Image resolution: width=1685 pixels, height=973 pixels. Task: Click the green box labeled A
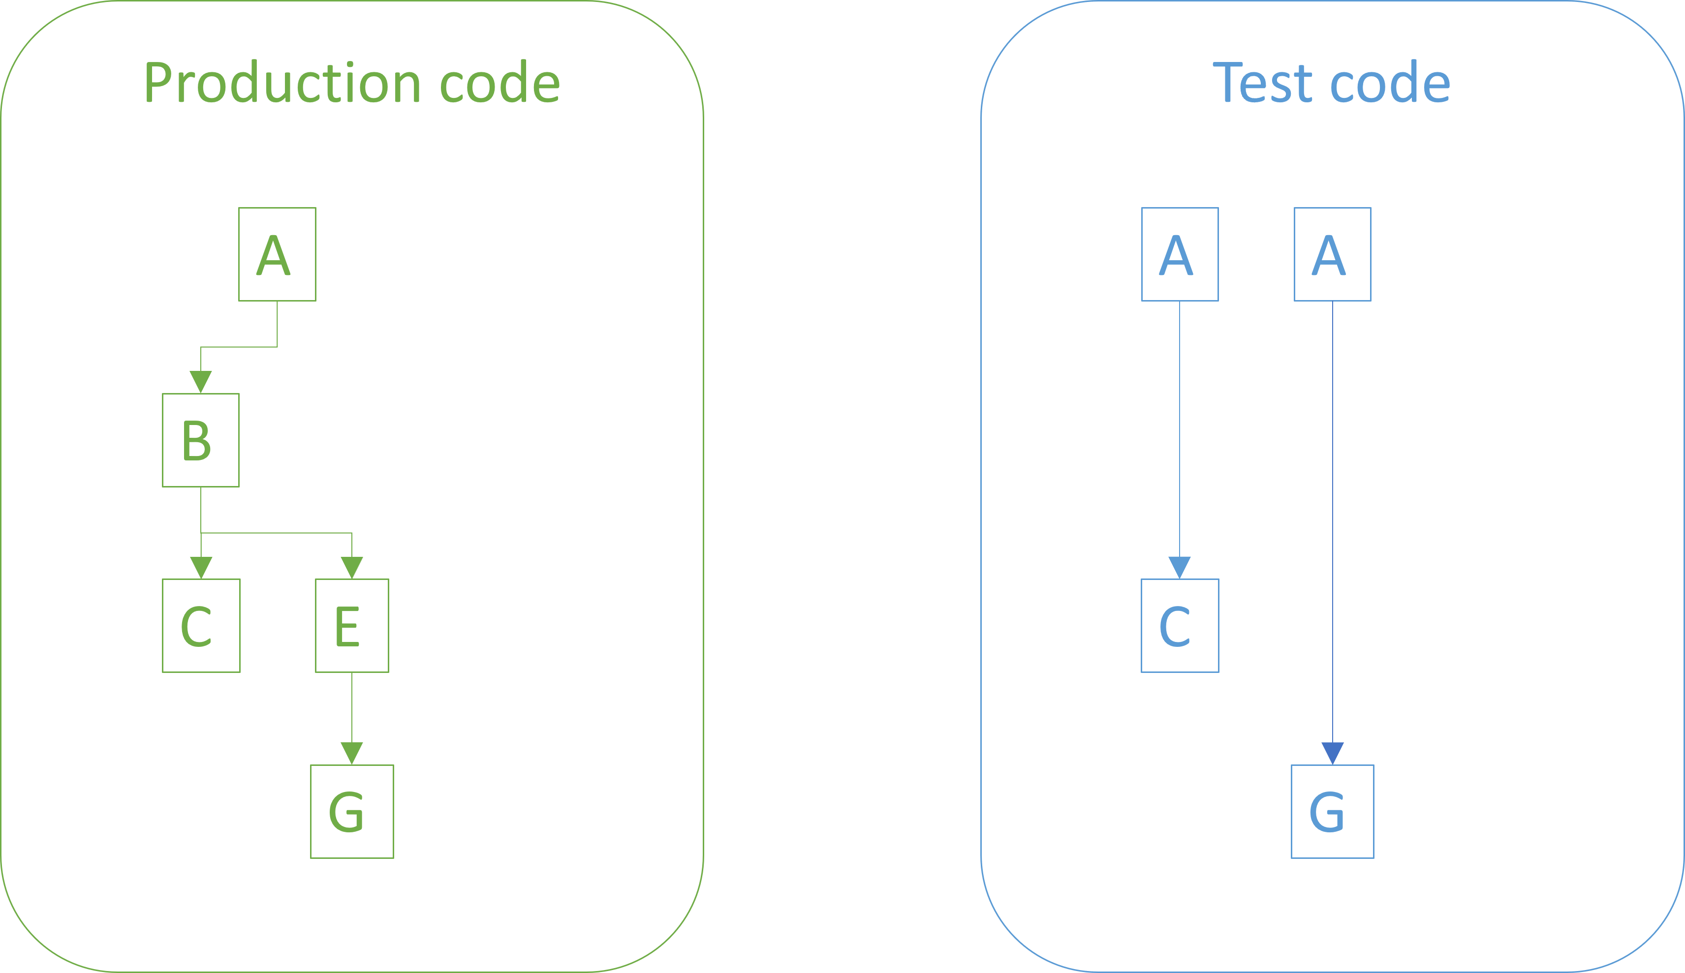[x=277, y=254]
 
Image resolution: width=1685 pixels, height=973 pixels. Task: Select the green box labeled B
[x=200, y=440]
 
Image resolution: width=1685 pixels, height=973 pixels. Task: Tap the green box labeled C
[x=200, y=626]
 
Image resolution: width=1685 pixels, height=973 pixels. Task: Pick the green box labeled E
[x=351, y=626]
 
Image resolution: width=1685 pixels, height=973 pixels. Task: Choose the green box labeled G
[x=351, y=811]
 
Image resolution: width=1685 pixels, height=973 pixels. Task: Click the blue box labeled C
[x=1180, y=626]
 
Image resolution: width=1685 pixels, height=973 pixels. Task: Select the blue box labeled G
[x=1332, y=811]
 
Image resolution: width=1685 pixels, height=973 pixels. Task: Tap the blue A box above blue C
[x=1180, y=254]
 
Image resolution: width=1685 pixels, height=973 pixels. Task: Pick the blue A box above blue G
[x=1332, y=254]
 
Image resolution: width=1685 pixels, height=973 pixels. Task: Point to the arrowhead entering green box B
[x=200, y=382]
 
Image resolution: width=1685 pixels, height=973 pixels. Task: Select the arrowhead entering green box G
[x=351, y=753]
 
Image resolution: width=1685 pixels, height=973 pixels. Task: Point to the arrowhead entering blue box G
[x=1332, y=753]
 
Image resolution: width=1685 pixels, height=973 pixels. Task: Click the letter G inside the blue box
[x=1327, y=812]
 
